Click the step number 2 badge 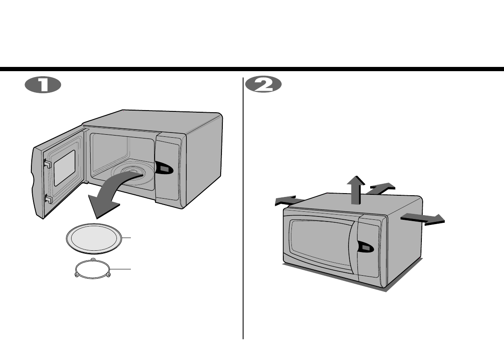pyautogui.click(x=263, y=85)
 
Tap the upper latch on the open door pyautogui.click(x=47, y=163)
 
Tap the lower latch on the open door pyautogui.click(x=48, y=199)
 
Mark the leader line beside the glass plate pyautogui.click(x=127, y=238)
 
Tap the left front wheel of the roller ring pyautogui.click(x=77, y=275)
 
